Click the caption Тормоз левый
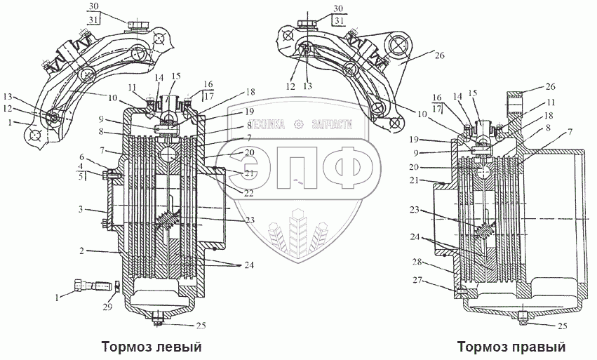[x=152, y=347]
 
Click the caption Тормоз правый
[x=511, y=347]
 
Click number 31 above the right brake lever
[x=339, y=20]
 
